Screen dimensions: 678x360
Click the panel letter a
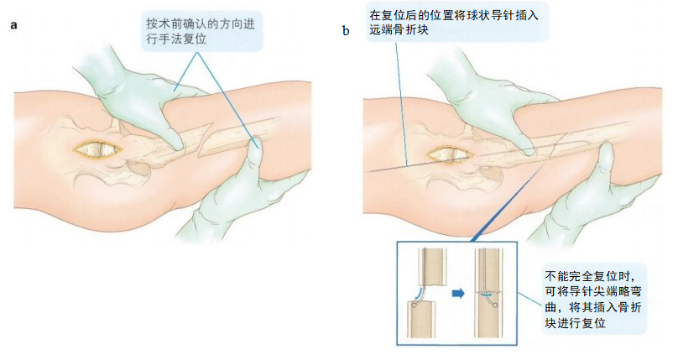[x=13, y=25]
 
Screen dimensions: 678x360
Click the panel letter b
[x=346, y=31]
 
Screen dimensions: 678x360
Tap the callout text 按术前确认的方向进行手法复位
[x=201, y=31]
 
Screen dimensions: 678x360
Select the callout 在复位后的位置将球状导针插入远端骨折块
[x=454, y=22]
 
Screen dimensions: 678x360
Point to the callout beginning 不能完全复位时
[x=592, y=299]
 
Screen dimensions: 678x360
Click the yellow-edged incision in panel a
[x=97, y=149]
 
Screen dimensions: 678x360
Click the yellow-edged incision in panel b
[x=450, y=155]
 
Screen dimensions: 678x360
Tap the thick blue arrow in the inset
[x=458, y=294]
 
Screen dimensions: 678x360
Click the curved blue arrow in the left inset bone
[x=419, y=293]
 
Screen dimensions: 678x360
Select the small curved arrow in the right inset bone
[x=487, y=295]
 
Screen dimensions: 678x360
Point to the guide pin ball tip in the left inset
[x=414, y=305]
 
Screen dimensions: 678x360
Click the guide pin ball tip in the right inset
[x=496, y=305]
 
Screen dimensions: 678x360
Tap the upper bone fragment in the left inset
[x=432, y=267]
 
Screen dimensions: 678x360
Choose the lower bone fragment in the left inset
[x=421, y=320]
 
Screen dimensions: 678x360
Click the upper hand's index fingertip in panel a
[x=178, y=146]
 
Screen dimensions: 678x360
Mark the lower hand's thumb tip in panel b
[x=606, y=149]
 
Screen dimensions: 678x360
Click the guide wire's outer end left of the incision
[x=368, y=171]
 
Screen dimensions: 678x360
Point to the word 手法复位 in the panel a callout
[x=182, y=39]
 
